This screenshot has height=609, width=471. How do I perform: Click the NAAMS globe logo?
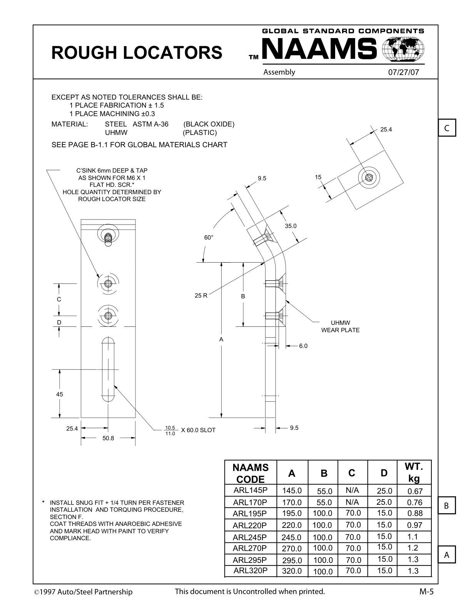pos(403,49)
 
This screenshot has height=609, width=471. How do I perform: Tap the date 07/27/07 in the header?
pos(403,72)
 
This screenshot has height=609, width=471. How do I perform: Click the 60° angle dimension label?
pos(209,238)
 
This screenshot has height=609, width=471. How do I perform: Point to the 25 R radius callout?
pos(201,296)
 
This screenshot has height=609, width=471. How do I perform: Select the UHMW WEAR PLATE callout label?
pos(340,326)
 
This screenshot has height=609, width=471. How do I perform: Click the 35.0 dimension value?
pos(291,226)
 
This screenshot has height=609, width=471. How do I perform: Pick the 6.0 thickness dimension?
pos(303,346)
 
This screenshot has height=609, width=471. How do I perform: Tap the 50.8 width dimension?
pos(108,438)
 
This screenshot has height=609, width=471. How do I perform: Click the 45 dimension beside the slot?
pos(59,394)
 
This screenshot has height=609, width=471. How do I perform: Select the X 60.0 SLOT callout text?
pos(198,430)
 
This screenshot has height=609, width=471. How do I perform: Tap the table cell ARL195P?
pos(250,514)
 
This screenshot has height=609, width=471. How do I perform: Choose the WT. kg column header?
pos(414,473)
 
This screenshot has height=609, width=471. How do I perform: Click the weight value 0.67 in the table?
pos(415,491)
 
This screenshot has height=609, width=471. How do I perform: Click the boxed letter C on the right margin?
pos(447,128)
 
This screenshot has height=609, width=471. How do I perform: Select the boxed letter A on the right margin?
pos(447,555)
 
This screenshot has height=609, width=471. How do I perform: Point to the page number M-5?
pos(426,592)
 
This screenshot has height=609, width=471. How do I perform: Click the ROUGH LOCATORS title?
pos(137,52)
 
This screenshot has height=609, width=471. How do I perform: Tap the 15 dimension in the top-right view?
pos(318,177)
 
